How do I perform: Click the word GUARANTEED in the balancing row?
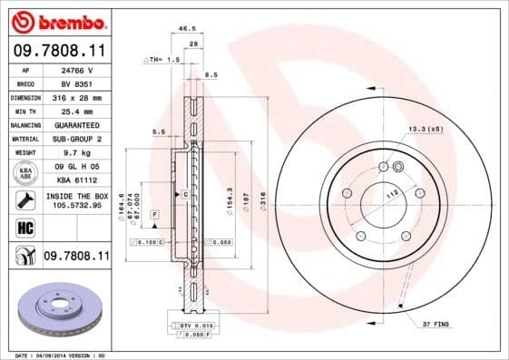coord(74,124)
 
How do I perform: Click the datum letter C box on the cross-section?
coord(184,195)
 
